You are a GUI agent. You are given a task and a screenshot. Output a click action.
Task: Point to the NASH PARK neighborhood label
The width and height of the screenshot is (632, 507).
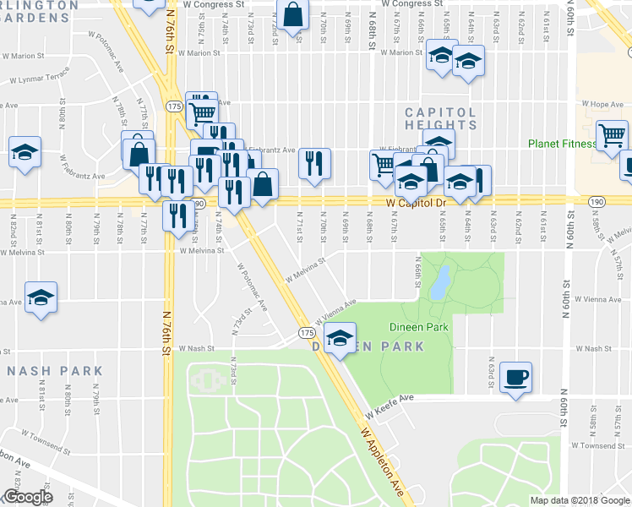pyautogui.click(x=54, y=371)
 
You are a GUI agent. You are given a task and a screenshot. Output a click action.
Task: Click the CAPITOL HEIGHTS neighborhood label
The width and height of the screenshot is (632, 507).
pyautogui.click(x=440, y=118)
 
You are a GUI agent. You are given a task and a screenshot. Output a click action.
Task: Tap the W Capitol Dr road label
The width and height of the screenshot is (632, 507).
pyautogui.click(x=416, y=204)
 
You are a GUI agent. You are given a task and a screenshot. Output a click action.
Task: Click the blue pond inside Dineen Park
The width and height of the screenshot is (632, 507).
pyautogui.click(x=439, y=284)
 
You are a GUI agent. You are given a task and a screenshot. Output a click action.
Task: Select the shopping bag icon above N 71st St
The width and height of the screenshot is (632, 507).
pyautogui.click(x=291, y=15)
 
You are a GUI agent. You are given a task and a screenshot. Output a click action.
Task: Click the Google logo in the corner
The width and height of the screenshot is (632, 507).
pyautogui.click(x=27, y=497)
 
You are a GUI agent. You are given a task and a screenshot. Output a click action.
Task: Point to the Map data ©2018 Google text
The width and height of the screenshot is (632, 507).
pyautogui.click(x=579, y=500)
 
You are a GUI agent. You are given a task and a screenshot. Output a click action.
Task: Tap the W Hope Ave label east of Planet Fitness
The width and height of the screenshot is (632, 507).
pyautogui.click(x=605, y=105)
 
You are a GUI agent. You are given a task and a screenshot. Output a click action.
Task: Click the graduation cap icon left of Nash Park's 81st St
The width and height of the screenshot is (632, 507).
pyautogui.click(x=41, y=298)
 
